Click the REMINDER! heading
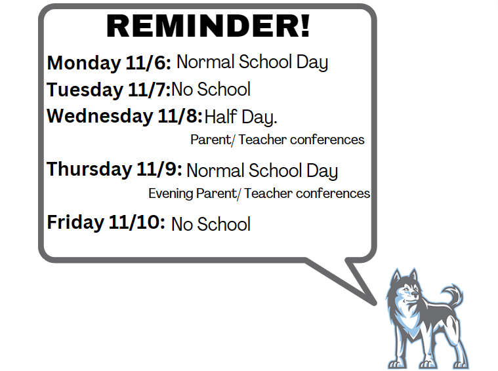click(x=208, y=26)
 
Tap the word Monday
click(x=84, y=63)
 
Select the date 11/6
click(x=148, y=62)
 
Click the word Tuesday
click(x=85, y=90)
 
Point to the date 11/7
click(x=150, y=89)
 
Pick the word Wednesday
click(x=100, y=116)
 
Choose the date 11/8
click(x=180, y=116)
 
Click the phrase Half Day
click(x=241, y=117)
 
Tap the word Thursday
click(x=89, y=169)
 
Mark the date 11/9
click(x=159, y=169)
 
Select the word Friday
click(x=75, y=222)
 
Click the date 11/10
click(x=137, y=222)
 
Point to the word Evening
click(x=171, y=193)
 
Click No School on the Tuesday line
click(x=211, y=90)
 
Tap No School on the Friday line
click(x=211, y=224)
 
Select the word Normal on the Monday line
click(x=205, y=62)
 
